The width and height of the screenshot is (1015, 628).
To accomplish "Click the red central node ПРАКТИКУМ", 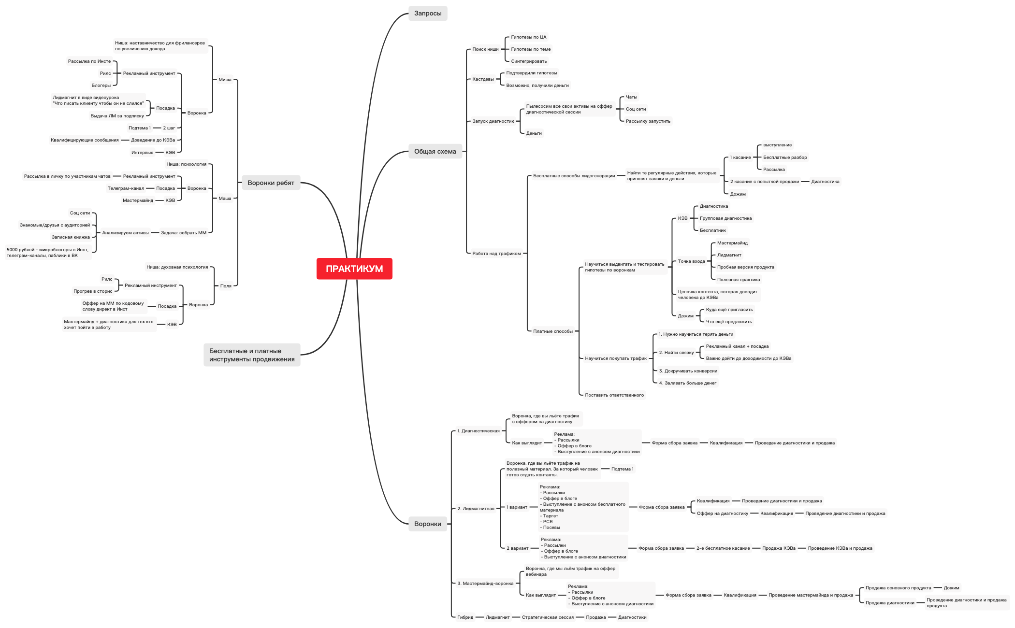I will [354, 269].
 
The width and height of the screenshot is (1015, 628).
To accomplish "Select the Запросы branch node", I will [428, 14].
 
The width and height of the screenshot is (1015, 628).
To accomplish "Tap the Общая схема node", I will [435, 152].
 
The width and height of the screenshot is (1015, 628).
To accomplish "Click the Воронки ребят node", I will [271, 183].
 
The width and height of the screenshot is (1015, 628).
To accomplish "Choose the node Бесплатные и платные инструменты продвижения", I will [252, 355].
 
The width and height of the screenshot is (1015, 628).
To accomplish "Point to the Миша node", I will [225, 80].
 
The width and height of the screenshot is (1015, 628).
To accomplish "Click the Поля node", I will [226, 286].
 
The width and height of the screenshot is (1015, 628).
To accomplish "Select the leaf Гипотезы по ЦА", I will [528, 37].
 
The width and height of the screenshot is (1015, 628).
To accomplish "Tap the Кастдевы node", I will [483, 79].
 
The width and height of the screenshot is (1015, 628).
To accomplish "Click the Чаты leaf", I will [631, 97].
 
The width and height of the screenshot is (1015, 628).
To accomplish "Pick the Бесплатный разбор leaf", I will [785, 157].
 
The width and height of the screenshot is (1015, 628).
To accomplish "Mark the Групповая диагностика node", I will [725, 218].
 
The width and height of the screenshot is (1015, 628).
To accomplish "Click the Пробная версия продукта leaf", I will [745, 267].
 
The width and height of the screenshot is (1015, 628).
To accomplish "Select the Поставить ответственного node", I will [614, 395].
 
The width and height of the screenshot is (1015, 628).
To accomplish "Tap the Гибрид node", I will [465, 617].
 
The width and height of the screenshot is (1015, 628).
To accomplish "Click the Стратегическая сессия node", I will [548, 617].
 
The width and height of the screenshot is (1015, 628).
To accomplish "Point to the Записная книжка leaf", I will [71, 237].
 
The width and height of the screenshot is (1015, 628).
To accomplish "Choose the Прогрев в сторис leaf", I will [93, 291].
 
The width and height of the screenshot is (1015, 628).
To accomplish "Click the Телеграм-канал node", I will [126, 188].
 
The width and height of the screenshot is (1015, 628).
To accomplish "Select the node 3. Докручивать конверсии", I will [688, 371].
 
